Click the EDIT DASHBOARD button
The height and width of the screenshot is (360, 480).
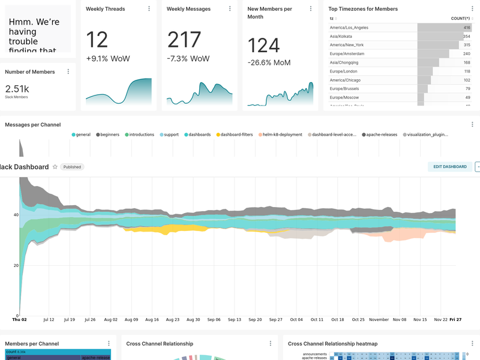coord(449,167)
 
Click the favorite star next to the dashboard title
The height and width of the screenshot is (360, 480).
coord(55,167)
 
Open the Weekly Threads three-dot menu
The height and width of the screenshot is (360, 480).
coord(149,9)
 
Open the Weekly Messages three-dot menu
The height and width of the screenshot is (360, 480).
coord(230,9)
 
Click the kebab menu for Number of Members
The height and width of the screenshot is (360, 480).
coord(68,71)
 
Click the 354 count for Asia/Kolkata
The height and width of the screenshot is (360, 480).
coord(466,37)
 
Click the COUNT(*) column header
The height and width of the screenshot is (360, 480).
coord(460,19)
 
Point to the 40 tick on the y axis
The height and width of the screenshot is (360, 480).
coord(16,215)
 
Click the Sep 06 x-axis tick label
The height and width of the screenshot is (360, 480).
coord(214,320)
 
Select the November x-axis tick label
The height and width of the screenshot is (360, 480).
coord(379,320)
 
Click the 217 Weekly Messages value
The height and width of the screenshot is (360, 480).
coord(184,40)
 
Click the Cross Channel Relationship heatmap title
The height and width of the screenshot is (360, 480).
coord(332,344)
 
